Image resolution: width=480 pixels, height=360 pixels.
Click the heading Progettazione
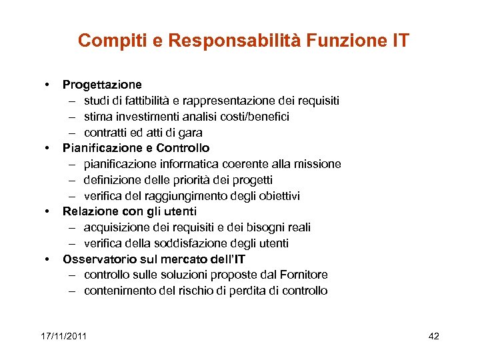(102, 85)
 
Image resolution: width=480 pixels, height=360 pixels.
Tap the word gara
(190, 133)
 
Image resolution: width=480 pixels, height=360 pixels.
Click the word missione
(317, 164)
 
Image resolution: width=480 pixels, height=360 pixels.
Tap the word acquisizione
(114, 227)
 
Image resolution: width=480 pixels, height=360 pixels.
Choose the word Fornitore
(304, 275)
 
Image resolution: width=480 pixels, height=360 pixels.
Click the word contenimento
(121, 291)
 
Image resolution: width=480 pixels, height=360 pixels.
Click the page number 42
(433, 336)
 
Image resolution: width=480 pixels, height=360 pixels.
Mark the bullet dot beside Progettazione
(48, 85)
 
